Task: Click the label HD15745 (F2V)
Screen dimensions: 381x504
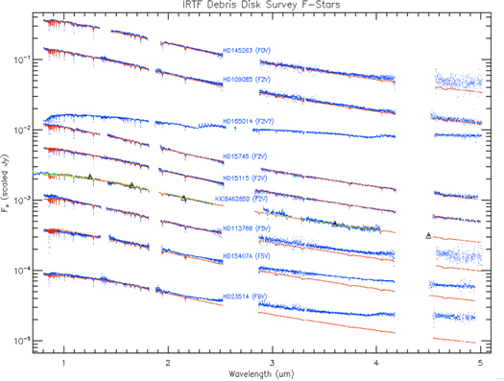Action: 249,155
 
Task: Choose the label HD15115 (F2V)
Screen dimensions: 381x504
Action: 249,178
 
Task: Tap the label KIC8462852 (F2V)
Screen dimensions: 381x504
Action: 247,200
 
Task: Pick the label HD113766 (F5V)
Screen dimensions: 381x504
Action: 249,228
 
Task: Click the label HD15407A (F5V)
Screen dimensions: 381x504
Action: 249,256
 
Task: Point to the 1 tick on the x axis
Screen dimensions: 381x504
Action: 63,363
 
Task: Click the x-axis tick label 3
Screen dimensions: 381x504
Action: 272,363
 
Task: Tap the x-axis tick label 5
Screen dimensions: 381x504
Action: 480,363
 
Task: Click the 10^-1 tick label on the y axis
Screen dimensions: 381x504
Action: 20,60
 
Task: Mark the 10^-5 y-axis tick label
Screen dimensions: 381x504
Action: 20,341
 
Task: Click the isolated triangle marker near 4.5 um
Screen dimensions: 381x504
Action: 428,235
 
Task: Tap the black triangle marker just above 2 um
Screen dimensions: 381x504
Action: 183,198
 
